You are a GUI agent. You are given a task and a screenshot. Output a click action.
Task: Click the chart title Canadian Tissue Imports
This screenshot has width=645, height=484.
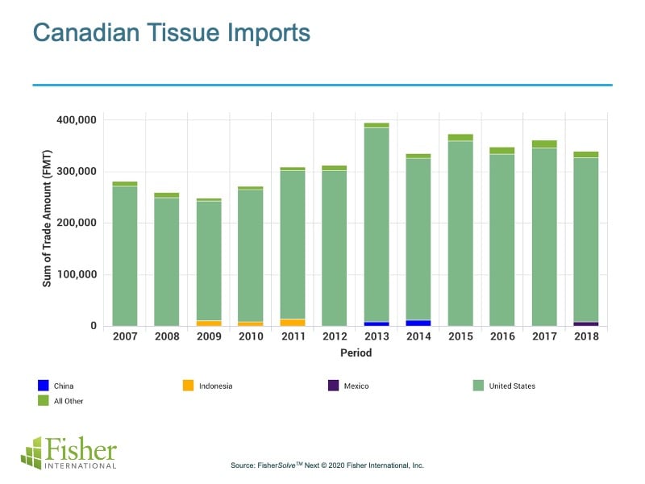[171, 34]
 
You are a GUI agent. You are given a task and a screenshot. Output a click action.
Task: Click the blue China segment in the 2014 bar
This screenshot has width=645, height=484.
[418, 323]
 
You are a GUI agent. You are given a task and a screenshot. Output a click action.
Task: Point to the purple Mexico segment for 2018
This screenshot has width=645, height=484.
[585, 323]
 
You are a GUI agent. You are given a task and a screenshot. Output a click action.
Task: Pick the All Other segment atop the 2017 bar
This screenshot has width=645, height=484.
[543, 144]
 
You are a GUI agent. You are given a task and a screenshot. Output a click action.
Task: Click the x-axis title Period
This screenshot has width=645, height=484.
[355, 353]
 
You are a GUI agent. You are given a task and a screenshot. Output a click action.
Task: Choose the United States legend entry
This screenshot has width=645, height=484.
[504, 386]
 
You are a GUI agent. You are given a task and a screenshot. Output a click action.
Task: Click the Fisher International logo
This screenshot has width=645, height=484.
[69, 453]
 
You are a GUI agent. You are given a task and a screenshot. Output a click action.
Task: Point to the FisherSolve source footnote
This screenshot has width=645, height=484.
[327, 465]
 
